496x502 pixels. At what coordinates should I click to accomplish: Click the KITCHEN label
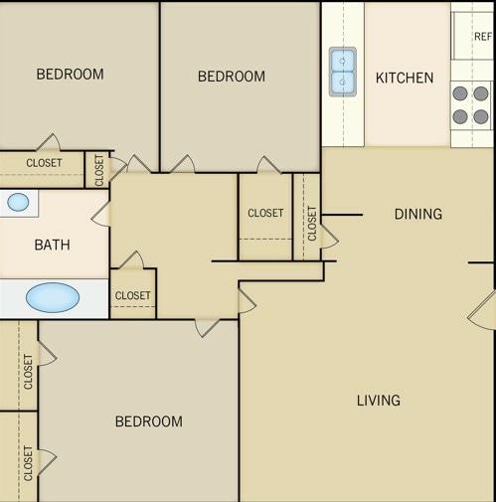point(405,78)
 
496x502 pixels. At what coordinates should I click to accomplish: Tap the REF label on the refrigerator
point(482,37)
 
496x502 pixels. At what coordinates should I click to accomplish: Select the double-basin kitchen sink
point(342,71)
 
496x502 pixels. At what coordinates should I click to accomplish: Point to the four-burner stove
point(471,104)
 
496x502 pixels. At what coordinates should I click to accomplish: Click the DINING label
point(417,214)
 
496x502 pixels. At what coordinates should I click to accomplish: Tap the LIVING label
point(379,401)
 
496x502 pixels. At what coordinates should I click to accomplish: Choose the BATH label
point(52,245)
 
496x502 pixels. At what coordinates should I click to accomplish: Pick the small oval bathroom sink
point(18,203)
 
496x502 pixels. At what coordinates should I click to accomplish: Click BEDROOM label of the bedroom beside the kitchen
point(232,77)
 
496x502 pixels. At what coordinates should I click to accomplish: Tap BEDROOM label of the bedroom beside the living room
point(149,421)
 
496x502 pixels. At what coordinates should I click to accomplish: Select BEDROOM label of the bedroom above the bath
point(70,74)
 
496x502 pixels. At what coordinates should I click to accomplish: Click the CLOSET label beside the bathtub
point(133,295)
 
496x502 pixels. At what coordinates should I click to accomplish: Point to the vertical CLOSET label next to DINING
point(312,223)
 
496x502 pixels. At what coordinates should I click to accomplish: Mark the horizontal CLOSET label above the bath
point(44,163)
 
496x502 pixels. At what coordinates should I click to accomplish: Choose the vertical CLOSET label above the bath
point(99,170)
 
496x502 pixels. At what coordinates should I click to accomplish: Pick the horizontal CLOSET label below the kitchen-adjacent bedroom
point(265,213)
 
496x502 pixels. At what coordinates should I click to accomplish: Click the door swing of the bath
point(100,213)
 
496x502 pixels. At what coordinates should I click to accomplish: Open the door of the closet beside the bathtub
point(133,260)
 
